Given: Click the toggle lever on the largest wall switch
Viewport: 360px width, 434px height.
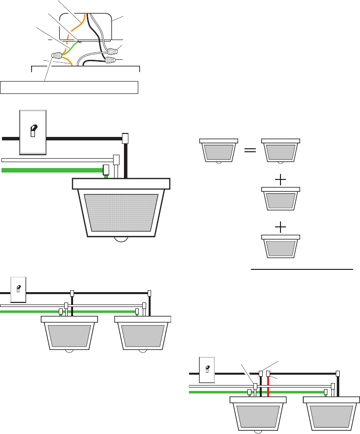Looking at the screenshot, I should click(33, 130).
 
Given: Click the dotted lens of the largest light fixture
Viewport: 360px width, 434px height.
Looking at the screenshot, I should click(121, 213).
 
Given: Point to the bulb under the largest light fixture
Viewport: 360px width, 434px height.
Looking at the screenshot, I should click(121, 240).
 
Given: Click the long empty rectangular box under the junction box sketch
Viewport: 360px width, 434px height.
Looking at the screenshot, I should click(69, 87).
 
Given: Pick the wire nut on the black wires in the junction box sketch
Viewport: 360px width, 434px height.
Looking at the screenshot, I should click(111, 61).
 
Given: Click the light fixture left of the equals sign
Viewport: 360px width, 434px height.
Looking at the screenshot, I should click(218, 151).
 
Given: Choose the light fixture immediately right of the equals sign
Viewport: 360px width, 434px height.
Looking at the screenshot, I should click(280, 151).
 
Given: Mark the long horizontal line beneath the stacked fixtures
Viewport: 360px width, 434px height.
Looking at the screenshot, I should click(302, 270).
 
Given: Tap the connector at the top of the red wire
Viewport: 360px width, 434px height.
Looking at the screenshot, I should click(268, 374).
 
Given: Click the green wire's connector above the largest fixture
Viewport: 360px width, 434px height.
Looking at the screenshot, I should click(106, 171).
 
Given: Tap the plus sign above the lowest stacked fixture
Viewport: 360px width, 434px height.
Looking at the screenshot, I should click(280, 227).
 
